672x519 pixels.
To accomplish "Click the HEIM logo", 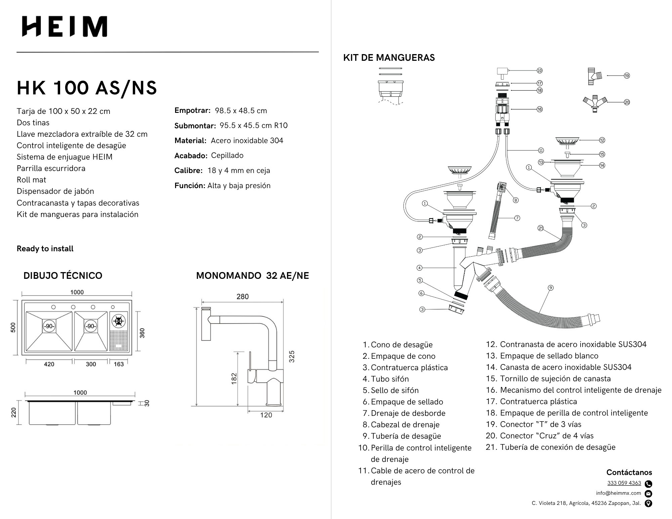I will [x=65, y=26].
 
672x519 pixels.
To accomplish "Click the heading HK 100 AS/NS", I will [x=87, y=88].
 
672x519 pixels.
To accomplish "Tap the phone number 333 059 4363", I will [x=624, y=483].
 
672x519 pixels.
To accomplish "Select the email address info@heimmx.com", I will [x=618, y=493].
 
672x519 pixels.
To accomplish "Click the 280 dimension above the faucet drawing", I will [x=242, y=297].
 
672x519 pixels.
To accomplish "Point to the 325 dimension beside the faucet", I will [x=292, y=356].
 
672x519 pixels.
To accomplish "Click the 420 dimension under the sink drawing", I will [x=49, y=364].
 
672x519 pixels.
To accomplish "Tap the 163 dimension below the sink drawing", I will [x=119, y=364].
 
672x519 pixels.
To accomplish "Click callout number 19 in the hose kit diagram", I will [x=627, y=76].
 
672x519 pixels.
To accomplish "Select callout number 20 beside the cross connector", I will [x=627, y=102].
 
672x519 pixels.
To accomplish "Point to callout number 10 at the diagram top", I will [x=539, y=71].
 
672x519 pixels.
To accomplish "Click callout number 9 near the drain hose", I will [x=550, y=288].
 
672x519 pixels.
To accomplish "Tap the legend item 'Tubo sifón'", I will [x=390, y=379].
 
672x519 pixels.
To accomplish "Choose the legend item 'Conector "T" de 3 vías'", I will [x=540, y=424].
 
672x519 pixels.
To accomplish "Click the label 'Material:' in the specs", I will [x=190, y=141].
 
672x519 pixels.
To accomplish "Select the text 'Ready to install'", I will [x=45, y=249].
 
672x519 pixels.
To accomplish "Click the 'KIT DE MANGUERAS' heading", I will [x=389, y=58].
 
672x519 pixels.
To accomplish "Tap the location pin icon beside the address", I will [x=648, y=503].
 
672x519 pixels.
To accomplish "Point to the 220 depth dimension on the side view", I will [x=13, y=412].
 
